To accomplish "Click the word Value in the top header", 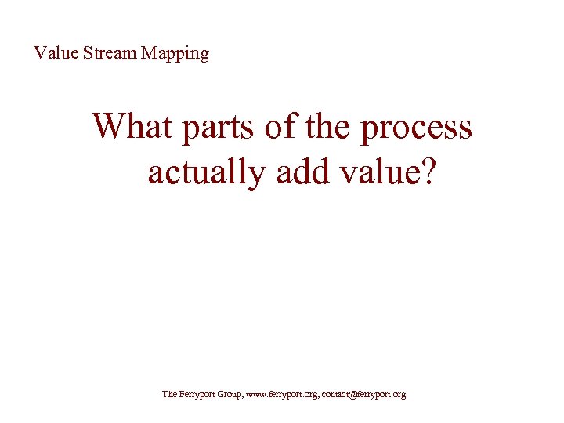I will pyautogui.click(x=52, y=53).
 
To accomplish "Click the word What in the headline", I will pyautogui.click(x=133, y=127).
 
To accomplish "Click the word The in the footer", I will pyautogui.click(x=169, y=394).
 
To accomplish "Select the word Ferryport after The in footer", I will pyautogui.click(x=197, y=395).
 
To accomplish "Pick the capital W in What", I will pyautogui.click(x=108, y=127).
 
